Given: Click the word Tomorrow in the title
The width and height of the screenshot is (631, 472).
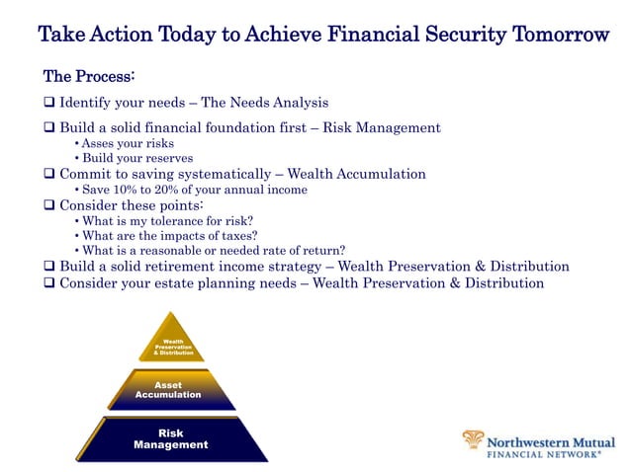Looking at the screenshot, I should (x=560, y=36).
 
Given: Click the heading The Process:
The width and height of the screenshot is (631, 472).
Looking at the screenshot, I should (x=89, y=76).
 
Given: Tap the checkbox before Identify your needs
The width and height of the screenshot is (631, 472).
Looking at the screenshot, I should (x=49, y=102).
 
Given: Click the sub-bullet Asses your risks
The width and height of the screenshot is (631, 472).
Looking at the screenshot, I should (x=128, y=143).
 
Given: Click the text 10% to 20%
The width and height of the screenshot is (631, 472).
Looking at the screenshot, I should (x=149, y=190).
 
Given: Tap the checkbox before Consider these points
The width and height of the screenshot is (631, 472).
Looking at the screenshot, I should (x=49, y=205).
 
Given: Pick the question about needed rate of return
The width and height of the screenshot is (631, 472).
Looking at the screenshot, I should (x=213, y=250).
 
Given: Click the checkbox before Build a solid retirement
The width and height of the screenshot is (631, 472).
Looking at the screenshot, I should (x=49, y=267).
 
